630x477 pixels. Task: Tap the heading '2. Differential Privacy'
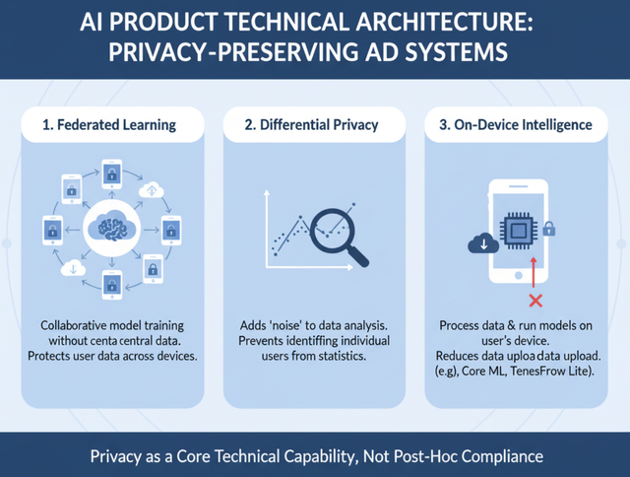(x=314, y=125)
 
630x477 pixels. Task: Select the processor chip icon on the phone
(x=515, y=231)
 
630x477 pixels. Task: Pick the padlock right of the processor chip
(x=548, y=230)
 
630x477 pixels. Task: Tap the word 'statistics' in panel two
(x=340, y=357)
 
